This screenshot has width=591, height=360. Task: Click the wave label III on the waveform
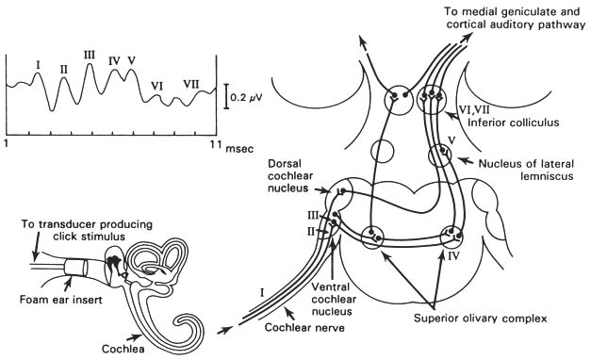tap(90, 56)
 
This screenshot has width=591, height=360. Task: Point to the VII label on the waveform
tap(191, 84)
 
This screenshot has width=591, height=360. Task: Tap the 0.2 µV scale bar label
tap(246, 98)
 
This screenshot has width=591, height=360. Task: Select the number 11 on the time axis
tap(214, 144)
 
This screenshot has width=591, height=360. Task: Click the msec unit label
tap(239, 149)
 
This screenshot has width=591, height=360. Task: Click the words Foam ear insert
tap(61, 300)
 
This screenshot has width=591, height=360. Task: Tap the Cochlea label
tap(123, 349)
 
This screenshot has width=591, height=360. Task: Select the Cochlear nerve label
tap(304, 327)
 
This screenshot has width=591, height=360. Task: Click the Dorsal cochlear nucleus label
tap(290, 175)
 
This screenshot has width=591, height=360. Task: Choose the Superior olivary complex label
tap(481, 319)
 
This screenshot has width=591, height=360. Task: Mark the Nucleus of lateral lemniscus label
tap(527, 170)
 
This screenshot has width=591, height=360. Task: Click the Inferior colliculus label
tap(514, 123)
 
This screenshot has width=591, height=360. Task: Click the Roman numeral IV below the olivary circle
tap(453, 256)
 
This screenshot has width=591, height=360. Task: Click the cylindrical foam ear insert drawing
tap(75, 268)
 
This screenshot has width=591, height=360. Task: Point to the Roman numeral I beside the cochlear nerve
tap(262, 291)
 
